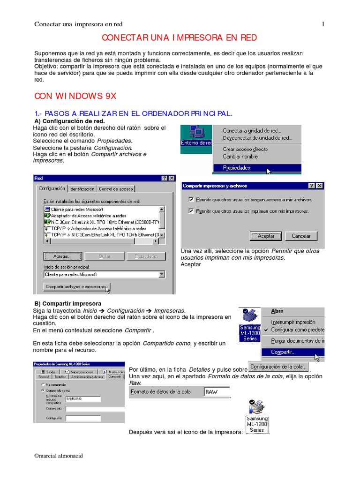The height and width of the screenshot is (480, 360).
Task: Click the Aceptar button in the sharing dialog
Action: [x=266, y=236]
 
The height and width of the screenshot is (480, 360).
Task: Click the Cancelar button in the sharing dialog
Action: [x=301, y=236]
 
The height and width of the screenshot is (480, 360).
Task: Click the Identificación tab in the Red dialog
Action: [x=82, y=189]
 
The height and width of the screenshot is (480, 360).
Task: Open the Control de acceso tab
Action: [x=116, y=189]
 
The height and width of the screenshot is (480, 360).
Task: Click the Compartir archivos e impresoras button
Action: [x=75, y=286]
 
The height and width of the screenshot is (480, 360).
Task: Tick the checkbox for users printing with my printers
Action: [x=191, y=211]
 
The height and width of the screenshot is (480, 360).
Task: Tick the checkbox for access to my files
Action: [x=191, y=199]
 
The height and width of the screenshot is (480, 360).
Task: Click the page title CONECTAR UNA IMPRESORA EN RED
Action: [x=180, y=38]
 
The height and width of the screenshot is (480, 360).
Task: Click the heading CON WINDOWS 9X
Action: [x=75, y=96]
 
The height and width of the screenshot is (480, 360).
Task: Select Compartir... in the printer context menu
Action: [x=283, y=352]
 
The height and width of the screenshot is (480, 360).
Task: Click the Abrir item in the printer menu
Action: [x=277, y=311]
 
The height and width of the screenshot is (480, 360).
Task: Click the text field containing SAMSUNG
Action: [x=83, y=399]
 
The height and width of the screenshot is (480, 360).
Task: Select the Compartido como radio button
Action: [x=43, y=390]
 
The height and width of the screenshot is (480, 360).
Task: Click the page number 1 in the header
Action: [x=323, y=24]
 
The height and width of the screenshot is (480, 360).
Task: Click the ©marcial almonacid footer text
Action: [x=59, y=456]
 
